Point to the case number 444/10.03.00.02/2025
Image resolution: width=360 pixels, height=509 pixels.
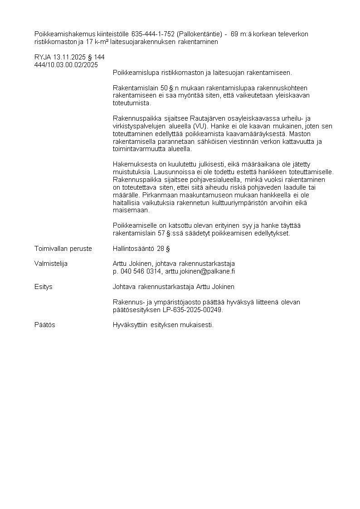coord(66,65)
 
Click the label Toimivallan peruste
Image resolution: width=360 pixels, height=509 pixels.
coord(63,249)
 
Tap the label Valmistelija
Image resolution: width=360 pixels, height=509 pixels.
coord(51,264)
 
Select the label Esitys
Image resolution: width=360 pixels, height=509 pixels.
coord(44,287)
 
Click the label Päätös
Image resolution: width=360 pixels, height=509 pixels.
coord(45,325)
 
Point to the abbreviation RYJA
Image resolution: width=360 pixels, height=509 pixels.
coord(43,57)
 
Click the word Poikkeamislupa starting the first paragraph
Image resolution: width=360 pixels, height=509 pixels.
coord(134,73)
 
